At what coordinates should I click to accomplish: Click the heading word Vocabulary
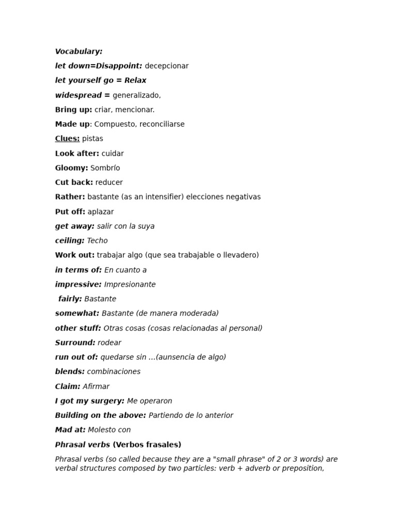click(x=79, y=51)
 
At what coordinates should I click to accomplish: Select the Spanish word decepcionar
click(x=166, y=66)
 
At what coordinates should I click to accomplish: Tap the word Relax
click(x=135, y=81)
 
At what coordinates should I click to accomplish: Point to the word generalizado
click(x=136, y=95)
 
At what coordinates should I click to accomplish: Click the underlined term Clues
click(x=67, y=138)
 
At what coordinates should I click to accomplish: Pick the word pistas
click(x=93, y=138)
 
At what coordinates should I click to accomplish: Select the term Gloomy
click(x=71, y=168)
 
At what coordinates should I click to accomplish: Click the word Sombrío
click(x=105, y=168)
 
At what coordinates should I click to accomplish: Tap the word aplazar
click(x=101, y=212)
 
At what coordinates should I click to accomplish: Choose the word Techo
click(x=97, y=241)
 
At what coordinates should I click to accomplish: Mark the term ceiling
click(x=69, y=241)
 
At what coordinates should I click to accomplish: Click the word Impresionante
click(x=130, y=285)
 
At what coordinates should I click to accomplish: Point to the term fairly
click(x=70, y=299)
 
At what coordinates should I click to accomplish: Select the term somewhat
click(x=77, y=314)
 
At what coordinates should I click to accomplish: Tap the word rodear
click(x=110, y=343)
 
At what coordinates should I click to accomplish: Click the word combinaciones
click(x=114, y=372)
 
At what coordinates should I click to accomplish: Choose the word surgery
click(x=107, y=401)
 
